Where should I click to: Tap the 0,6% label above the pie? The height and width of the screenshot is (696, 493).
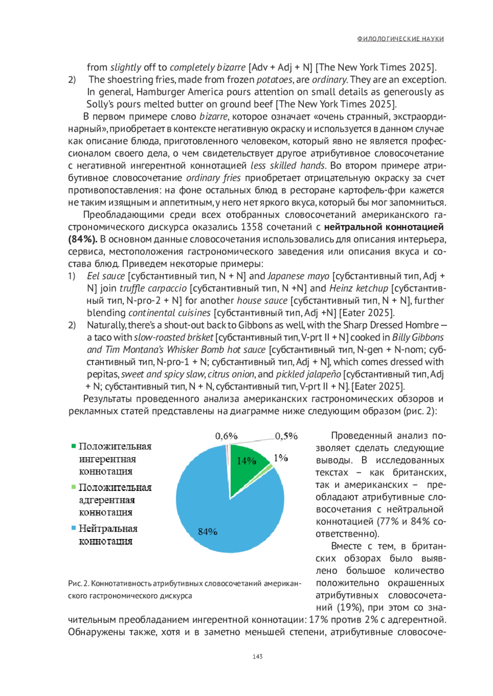[226, 436]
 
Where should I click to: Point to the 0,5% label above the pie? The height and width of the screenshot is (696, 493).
[286, 436]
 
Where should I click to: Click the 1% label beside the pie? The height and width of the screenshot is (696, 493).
[281, 458]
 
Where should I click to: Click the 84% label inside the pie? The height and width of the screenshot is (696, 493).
[207, 532]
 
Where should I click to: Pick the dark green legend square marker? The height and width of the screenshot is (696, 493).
[74, 446]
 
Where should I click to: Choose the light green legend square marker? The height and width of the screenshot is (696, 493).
[74, 487]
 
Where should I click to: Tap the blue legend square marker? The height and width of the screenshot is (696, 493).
[74, 528]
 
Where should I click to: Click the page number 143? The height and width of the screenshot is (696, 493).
[258, 657]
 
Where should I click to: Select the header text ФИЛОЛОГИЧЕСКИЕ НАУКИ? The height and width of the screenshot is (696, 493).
[400, 39]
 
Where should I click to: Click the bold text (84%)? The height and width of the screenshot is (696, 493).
[82, 239]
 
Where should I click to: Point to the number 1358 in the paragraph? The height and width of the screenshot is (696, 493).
[252, 227]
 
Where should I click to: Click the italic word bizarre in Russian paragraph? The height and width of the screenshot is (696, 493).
[213, 117]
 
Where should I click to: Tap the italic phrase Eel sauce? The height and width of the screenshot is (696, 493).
[106, 276]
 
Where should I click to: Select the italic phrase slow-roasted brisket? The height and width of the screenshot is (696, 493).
[173, 337]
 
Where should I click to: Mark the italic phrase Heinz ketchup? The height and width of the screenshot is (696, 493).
[359, 288]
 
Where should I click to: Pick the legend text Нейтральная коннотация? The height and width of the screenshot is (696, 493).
[108, 535]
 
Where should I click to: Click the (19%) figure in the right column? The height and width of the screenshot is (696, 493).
[350, 608]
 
